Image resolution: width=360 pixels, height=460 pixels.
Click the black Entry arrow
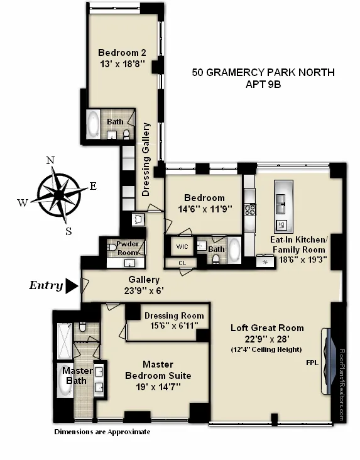pyautogui.click(x=72, y=286)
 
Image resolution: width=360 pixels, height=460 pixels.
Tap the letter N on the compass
pyautogui.click(x=50, y=160)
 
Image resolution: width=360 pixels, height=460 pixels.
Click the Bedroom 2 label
pyautogui.click(x=122, y=53)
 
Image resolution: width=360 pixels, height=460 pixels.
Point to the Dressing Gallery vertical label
pyautogui.click(x=147, y=160)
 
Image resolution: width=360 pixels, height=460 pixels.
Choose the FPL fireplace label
pyautogui.click(x=312, y=363)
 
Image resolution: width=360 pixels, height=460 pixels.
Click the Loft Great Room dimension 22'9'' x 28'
pyautogui.click(x=266, y=339)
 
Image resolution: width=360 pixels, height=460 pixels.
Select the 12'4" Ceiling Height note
pyautogui.click(x=266, y=349)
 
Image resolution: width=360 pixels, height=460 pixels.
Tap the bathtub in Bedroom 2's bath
pyautogui.click(x=94, y=124)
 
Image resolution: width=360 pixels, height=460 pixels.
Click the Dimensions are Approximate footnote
pyautogui.click(x=102, y=432)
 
